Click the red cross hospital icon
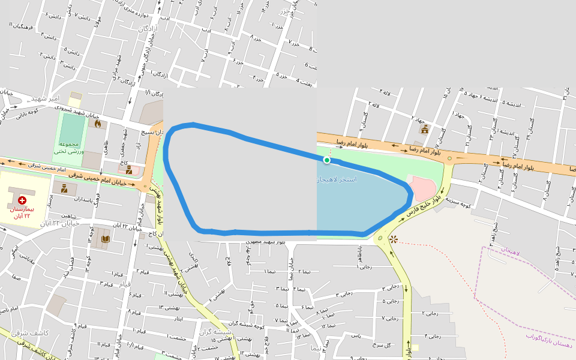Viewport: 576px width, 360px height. coord(22,200)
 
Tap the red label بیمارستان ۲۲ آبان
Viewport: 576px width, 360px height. coord(22,212)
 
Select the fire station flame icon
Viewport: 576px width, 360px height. coord(98,124)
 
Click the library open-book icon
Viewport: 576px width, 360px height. coord(105,239)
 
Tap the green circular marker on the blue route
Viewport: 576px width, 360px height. coord(327,160)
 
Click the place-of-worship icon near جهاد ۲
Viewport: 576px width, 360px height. coord(424,129)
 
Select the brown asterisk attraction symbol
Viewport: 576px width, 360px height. coord(393,239)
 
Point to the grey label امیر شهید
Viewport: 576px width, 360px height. coord(46,98)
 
